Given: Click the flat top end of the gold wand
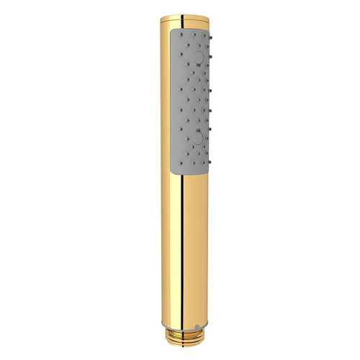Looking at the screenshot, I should tap(181, 16).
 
